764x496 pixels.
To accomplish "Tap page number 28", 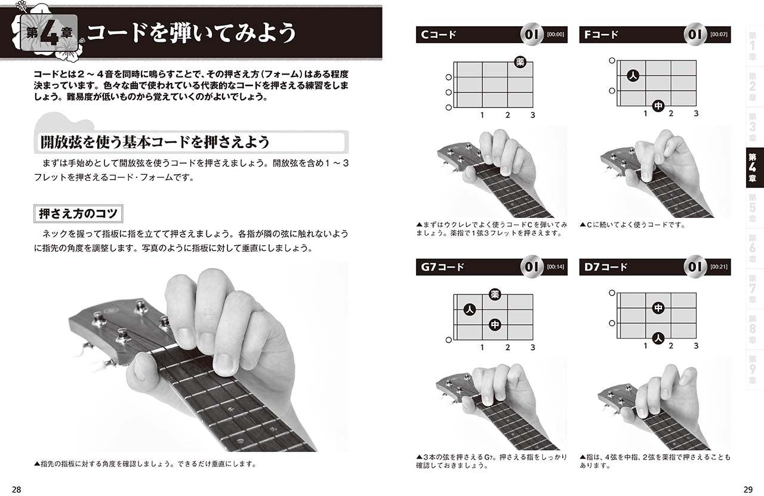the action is (16, 489).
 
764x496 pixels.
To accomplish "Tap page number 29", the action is (748, 489).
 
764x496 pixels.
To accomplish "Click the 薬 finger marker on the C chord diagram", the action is (520, 62).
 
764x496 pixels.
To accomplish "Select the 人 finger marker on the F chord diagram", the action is (633, 75).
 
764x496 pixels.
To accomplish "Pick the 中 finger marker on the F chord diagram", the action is (658, 106).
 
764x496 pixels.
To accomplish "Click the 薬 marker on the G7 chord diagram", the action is (495, 294).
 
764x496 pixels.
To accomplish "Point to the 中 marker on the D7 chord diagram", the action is (658, 308).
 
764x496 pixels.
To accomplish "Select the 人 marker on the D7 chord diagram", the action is (658, 338).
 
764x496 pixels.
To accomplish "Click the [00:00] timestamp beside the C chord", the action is (555, 35).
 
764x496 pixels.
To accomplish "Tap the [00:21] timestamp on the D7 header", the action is (719, 267).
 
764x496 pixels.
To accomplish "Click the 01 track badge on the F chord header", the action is (695, 34).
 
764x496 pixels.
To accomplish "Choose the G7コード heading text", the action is (442, 267).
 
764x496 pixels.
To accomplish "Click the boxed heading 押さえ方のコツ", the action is (78, 214).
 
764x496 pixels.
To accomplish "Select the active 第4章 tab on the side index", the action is (754, 168).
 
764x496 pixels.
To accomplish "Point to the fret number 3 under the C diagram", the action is (533, 115).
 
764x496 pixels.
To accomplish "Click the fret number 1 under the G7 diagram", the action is (482, 347).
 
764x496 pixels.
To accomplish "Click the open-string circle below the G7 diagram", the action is (449, 340).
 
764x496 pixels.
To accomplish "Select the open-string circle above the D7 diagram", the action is (612, 293).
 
